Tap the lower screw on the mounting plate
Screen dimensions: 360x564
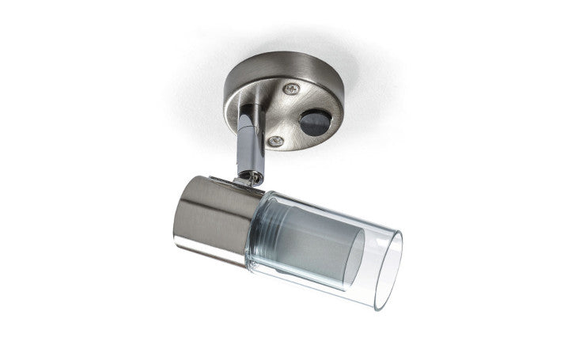[x=276, y=141]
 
